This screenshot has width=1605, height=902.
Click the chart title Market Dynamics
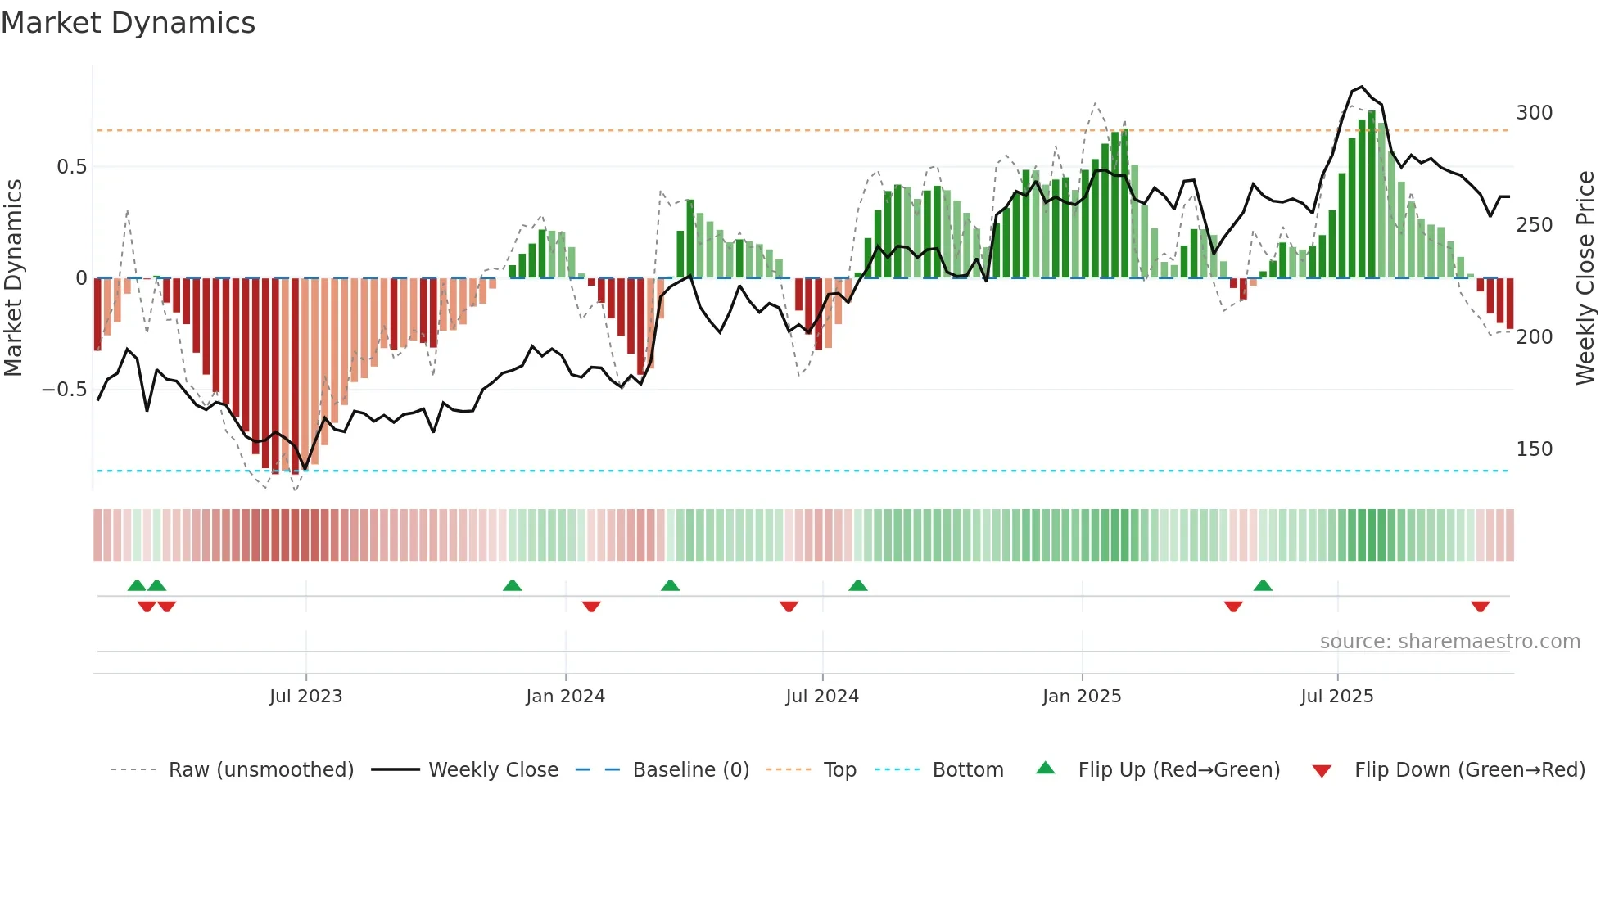129,23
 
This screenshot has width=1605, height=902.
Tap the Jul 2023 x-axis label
305,697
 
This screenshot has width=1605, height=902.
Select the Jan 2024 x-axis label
565,697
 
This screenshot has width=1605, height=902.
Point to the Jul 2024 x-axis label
822,697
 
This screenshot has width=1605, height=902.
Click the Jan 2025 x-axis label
1082,697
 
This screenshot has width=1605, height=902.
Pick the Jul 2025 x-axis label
1337,697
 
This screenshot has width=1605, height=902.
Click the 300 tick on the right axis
1534,113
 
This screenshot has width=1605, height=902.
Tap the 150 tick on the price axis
1534,449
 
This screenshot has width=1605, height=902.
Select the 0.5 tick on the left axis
71,167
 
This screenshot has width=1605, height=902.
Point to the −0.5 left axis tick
65,390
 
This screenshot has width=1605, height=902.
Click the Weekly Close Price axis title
1585,278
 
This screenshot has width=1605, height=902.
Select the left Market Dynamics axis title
13,278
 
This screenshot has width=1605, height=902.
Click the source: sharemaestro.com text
1449,642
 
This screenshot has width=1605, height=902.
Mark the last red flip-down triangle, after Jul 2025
1480,607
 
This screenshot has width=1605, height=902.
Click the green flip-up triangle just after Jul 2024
857,586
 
